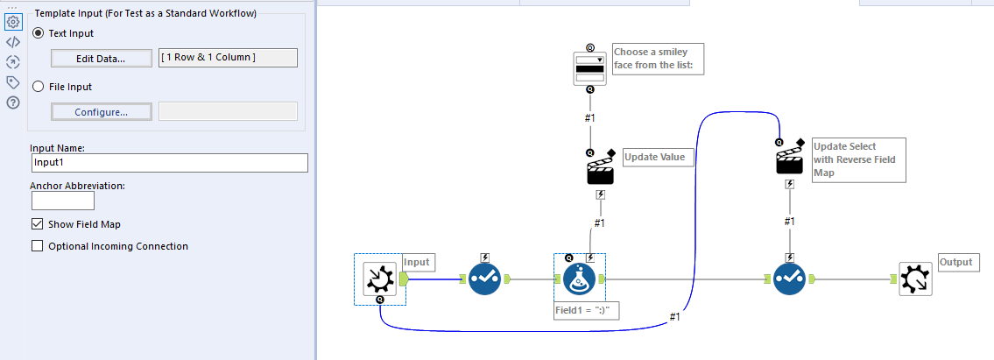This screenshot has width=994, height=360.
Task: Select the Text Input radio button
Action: tap(38, 33)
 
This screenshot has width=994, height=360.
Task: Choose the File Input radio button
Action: tap(38, 87)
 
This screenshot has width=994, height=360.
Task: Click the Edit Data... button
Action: tap(100, 59)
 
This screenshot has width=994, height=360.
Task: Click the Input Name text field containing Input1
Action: tap(169, 163)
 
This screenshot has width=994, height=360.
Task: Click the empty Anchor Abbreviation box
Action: tap(63, 201)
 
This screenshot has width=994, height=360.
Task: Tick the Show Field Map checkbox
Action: tap(38, 224)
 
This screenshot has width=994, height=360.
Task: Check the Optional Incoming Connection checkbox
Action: tap(38, 246)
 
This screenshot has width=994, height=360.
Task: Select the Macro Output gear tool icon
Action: tap(916, 279)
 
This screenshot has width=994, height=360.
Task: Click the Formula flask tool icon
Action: tap(578, 279)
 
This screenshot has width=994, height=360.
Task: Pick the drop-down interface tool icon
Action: tap(589, 67)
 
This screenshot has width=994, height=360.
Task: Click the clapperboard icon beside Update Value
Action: tap(600, 169)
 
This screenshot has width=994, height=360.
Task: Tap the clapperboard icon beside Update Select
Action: tap(790, 161)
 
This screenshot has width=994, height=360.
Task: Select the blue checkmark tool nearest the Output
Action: tap(789, 279)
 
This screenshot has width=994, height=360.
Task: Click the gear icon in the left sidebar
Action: tap(13, 22)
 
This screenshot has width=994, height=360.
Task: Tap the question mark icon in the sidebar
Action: tap(13, 102)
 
